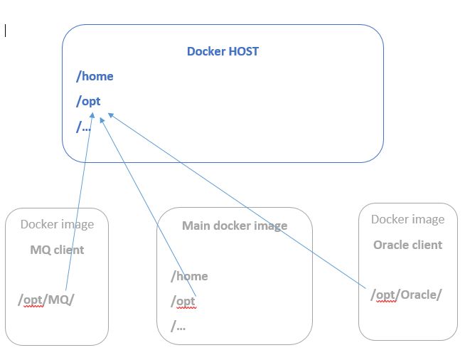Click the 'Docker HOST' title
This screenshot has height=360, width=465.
(x=223, y=51)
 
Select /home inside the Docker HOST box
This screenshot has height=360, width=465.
(x=95, y=76)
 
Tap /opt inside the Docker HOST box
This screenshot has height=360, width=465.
(x=89, y=101)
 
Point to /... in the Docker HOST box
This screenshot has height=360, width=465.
(x=84, y=127)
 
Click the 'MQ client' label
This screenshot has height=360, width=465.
(x=57, y=250)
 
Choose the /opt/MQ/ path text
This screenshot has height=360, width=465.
(x=46, y=300)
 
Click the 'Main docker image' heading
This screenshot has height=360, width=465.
(x=235, y=226)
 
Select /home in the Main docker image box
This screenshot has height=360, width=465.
(x=189, y=276)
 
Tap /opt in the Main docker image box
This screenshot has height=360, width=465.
(x=183, y=302)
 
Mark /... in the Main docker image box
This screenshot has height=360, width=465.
(x=178, y=326)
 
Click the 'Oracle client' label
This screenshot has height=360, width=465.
(x=407, y=245)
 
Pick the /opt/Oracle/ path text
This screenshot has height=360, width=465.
(x=405, y=295)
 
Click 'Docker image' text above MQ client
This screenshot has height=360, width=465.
(x=57, y=224)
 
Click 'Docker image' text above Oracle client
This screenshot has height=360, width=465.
(x=407, y=219)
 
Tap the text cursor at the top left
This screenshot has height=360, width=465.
(x=6, y=31)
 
